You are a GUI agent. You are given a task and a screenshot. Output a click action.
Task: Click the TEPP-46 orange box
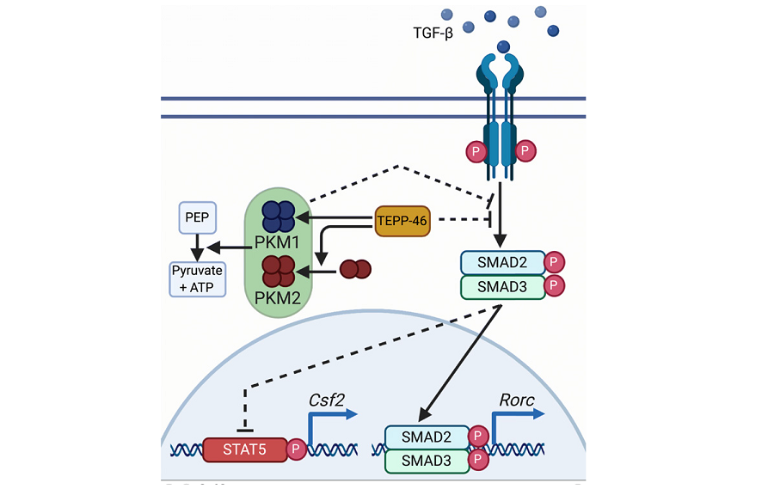(402, 221)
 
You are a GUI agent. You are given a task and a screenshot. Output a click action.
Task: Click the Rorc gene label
(517, 400)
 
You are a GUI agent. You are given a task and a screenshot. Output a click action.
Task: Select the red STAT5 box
(244, 449)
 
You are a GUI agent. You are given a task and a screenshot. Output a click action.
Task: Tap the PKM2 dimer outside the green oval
(356, 270)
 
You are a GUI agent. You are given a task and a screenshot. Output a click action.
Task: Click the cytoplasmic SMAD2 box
(502, 262)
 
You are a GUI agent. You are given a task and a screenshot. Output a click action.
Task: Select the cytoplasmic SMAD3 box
(502, 286)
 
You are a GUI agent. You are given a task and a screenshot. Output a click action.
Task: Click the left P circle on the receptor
(476, 152)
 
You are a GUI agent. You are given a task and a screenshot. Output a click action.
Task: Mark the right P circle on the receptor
(525, 152)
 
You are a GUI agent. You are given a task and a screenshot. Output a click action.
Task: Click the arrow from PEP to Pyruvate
(196, 248)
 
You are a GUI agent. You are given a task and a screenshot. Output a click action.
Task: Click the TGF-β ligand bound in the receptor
(502, 47)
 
